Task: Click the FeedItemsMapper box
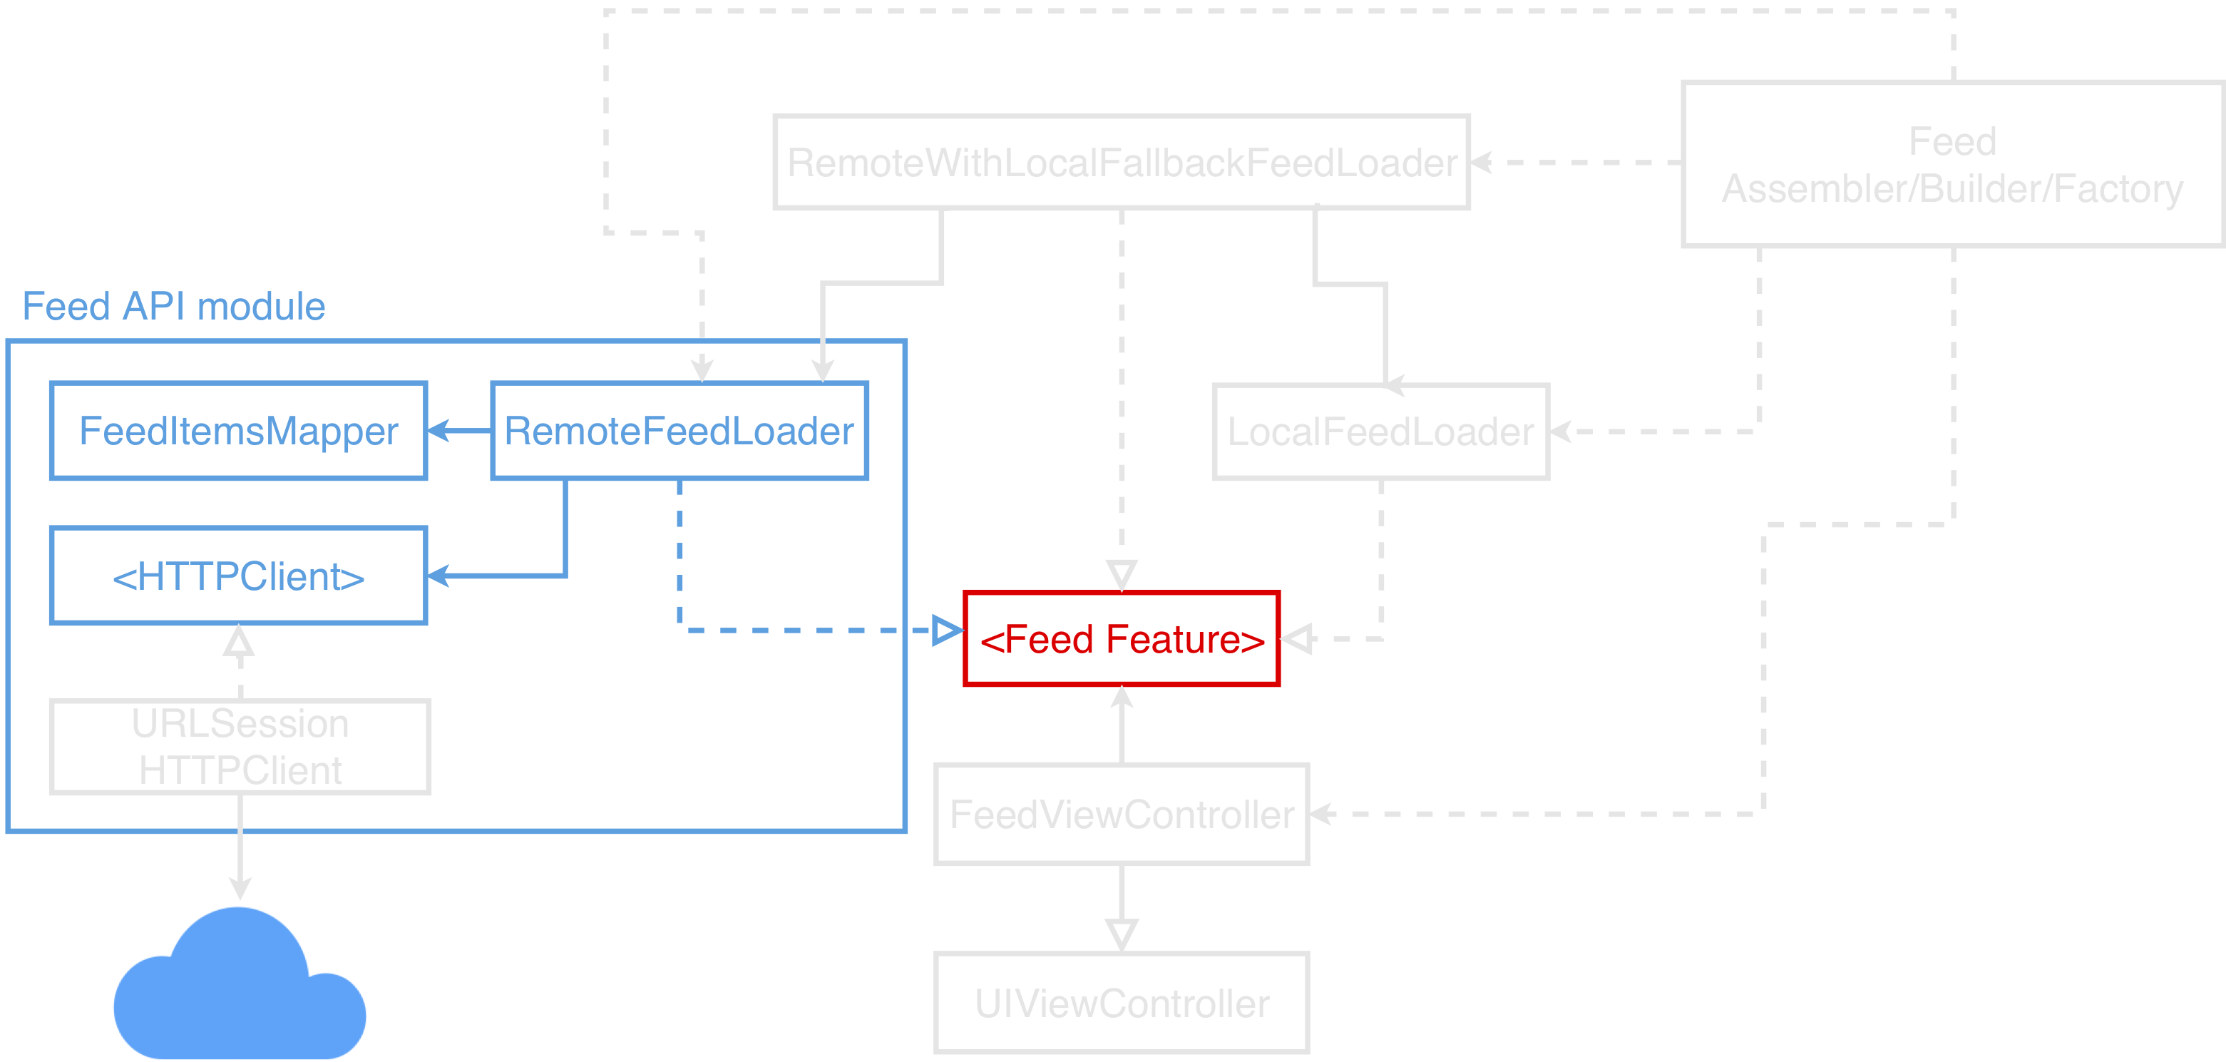[238, 430]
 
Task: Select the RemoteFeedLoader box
[679, 430]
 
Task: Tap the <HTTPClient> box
[238, 576]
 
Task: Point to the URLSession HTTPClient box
[240, 747]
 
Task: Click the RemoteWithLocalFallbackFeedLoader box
[1122, 163]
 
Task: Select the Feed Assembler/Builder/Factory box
[1953, 164]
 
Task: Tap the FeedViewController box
[1122, 814]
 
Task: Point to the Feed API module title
[173, 306]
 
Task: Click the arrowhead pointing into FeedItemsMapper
[438, 430]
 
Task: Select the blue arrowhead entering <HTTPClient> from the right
[438, 576]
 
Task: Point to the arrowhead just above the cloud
[240, 887]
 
